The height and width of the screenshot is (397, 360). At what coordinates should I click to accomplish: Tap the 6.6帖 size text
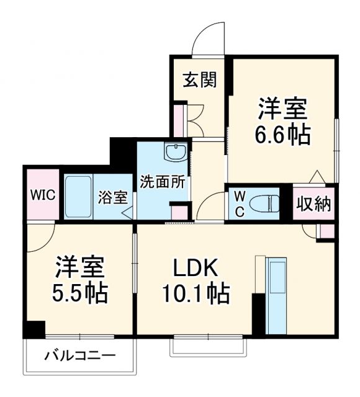click(284, 134)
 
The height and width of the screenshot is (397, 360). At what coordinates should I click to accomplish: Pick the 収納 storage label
click(313, 203)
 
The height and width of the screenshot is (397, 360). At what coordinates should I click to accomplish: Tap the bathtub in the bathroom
click(79, 195)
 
